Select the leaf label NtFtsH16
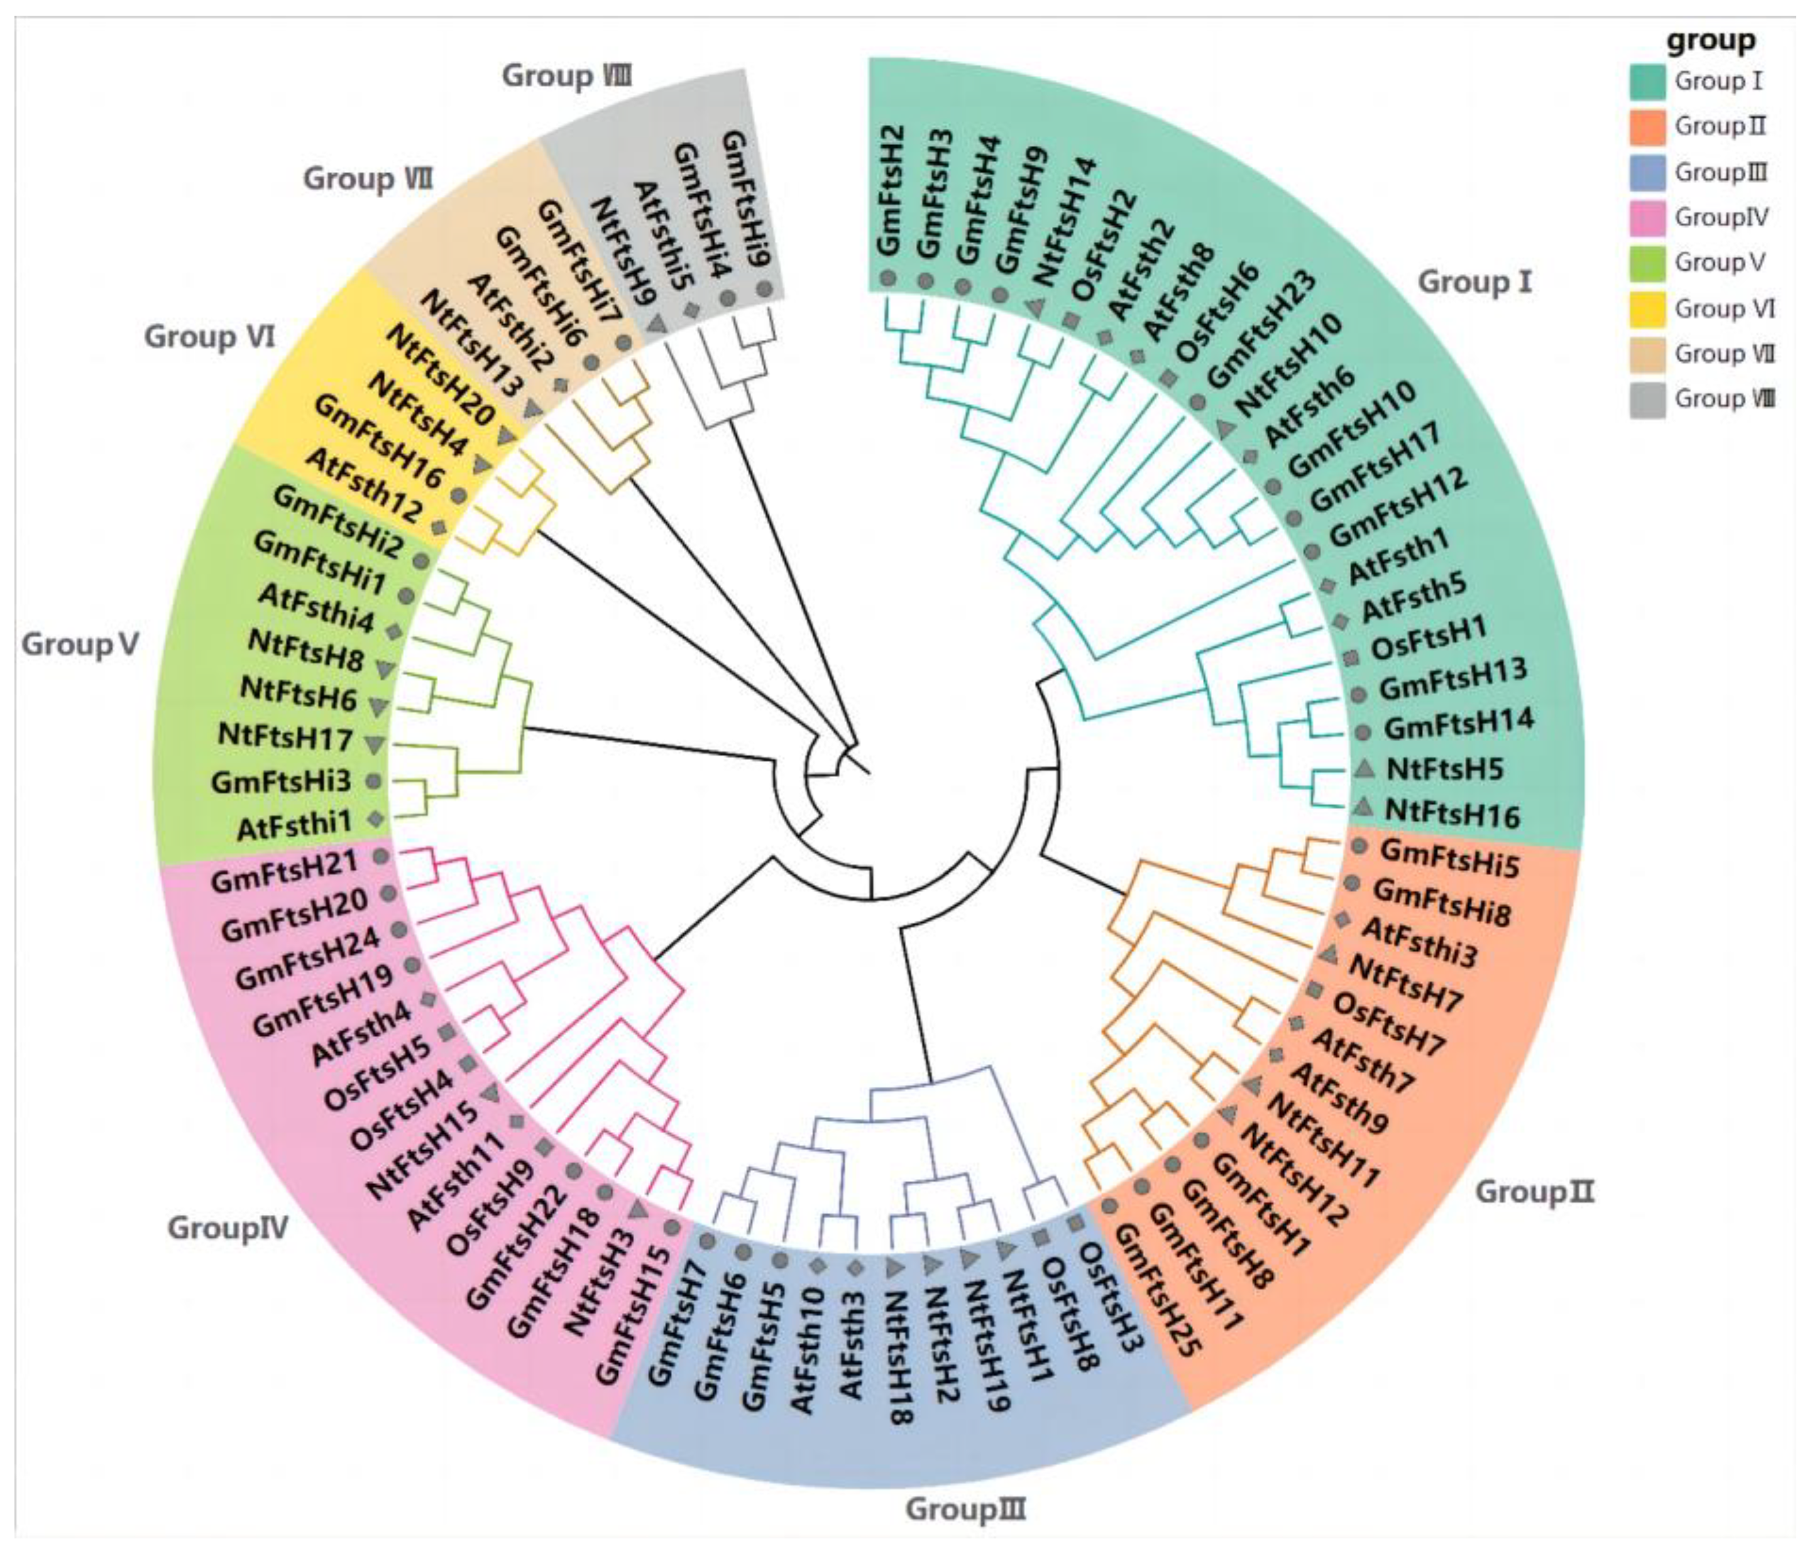point(1452,813)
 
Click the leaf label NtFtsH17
point(285,737)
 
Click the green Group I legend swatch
point(1647,81)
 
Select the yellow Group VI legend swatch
point(1647,308)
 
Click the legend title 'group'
point(1710,40)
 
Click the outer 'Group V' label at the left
point(80,645)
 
